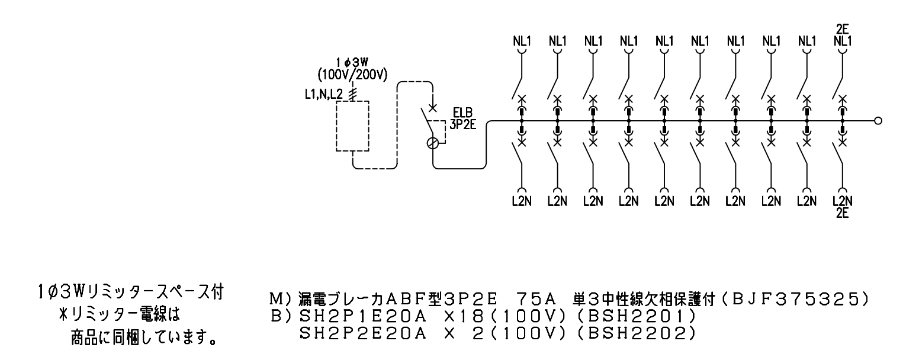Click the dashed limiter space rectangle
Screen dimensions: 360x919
click(x=352, y=126)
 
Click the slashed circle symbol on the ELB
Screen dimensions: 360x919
click(x=433, y=143)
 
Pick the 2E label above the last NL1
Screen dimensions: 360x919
click(x=841, y=30)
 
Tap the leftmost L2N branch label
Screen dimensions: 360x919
click(x=521, y=201)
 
